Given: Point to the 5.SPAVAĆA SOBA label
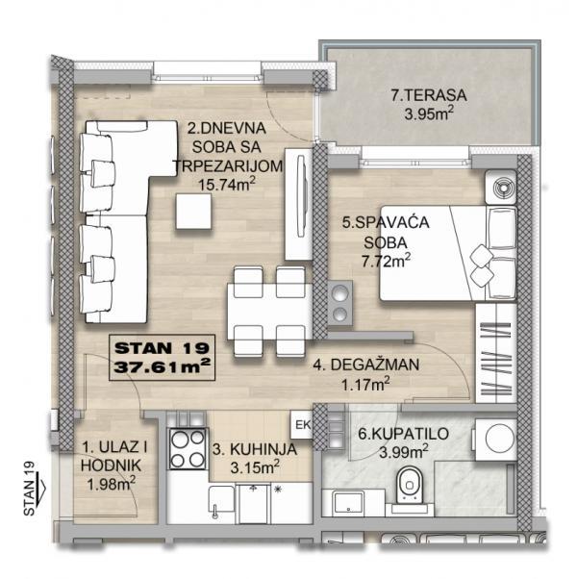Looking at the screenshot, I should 377,231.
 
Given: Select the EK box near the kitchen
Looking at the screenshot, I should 300,424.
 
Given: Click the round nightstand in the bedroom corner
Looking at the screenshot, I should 499,187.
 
